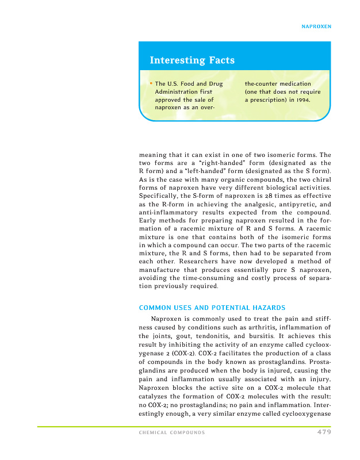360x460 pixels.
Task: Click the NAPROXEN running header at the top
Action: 317,26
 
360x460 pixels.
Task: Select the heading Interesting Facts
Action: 192,60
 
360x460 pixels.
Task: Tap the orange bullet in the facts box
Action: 151,84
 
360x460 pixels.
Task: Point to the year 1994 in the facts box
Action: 303,100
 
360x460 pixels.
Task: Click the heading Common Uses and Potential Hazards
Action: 212,307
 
